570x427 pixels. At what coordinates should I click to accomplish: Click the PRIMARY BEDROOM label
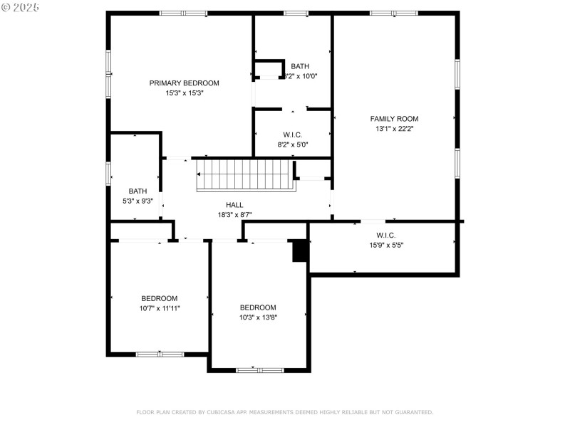[184, 83]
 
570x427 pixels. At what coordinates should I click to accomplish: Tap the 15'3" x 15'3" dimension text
[184, 93]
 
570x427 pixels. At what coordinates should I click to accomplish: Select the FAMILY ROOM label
[394, 119]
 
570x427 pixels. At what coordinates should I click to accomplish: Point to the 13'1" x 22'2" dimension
[394, 129]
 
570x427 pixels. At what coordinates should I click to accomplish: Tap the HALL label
[234, 204]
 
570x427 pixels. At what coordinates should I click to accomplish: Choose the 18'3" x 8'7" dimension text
[234, 214]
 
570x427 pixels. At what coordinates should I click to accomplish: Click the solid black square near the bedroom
[301, 251]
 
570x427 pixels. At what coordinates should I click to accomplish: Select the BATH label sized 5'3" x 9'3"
[138, 191]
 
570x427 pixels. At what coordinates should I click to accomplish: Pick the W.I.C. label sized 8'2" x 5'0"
[293, 135]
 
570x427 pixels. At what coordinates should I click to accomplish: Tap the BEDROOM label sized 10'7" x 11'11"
[159, 298]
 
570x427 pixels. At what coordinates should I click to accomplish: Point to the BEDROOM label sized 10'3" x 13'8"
[258, 307]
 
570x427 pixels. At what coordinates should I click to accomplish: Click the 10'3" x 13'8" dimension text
[258, 317]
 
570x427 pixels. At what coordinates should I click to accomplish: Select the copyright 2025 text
[21, 7]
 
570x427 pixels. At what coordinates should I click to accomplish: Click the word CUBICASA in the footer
[222, 412]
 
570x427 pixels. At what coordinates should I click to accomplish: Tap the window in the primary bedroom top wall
[183, 13]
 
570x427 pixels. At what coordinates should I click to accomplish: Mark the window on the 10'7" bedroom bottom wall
[160, 354]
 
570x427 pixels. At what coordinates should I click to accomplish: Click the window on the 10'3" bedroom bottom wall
[259, 369]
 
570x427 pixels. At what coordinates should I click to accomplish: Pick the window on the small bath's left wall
[109, 174]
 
